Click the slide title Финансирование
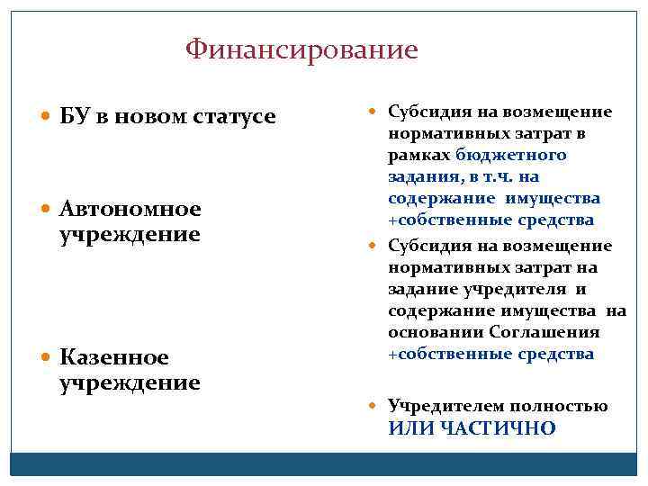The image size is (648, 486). pos(301,49)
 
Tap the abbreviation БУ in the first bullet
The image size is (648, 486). pos(74,117)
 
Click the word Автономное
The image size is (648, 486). pos(130,210)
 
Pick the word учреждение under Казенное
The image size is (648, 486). pos(130,382)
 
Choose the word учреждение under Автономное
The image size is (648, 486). pos(130,235)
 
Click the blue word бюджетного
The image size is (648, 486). pos(510,155)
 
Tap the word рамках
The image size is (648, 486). pos(419,155)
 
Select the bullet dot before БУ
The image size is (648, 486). pos(47,118)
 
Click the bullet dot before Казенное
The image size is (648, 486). pos(47,358)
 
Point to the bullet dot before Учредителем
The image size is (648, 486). pos(376,407)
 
